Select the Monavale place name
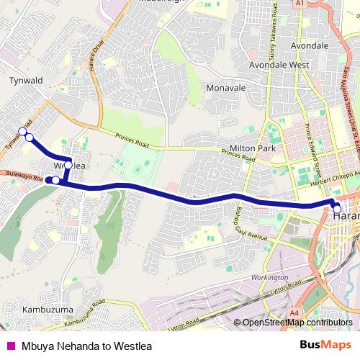pos(225,88)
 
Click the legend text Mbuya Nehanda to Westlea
pos(86,346)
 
